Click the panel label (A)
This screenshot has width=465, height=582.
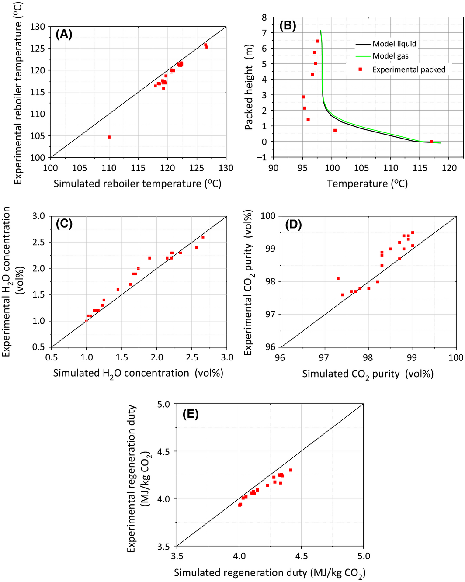[64, 34]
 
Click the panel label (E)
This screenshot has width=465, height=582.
[191, 414]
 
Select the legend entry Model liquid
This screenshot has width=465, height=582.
[394, 44]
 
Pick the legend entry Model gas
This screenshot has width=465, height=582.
[390, 56]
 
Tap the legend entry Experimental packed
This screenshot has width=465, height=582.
[409, 69]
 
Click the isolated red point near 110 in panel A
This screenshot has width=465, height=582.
[109, 137]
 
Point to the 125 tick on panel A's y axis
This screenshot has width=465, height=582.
[38, 48]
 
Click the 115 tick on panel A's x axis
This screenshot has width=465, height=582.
[138, 168]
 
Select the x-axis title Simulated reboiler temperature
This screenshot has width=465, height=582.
[137, 184]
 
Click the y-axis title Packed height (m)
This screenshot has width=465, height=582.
[249, 87]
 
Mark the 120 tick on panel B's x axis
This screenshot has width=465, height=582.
[449, 168]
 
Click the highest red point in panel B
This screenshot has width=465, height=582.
[317, 41]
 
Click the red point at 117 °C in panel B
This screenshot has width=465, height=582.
[431, 142]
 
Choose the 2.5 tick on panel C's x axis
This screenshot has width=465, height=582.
[192, 357]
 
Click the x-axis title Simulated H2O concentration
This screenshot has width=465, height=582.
[138, 374]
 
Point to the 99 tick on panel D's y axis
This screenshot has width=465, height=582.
[269, 249]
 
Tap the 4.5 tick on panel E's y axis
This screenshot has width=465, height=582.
[163, 451]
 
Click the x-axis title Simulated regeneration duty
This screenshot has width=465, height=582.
[270, 573]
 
